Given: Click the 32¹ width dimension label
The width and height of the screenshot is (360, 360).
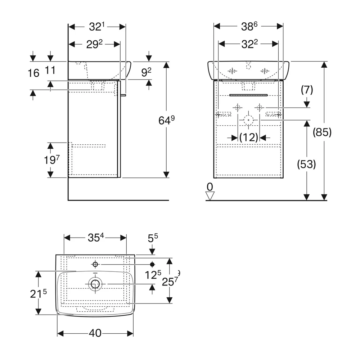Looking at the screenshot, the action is [96, 27].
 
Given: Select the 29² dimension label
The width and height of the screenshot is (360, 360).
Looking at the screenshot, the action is [94, 44].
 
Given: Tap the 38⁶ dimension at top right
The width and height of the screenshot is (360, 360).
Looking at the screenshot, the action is [249, 26].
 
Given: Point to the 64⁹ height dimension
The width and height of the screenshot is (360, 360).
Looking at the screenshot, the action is [166, 120].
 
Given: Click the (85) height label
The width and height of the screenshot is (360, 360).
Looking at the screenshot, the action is [322, 132].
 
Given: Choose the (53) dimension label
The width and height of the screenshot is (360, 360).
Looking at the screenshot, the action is [306, 164].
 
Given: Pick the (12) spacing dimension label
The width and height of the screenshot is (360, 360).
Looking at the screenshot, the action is [249, 138].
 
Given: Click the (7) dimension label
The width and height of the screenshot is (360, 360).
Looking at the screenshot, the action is [307, 90].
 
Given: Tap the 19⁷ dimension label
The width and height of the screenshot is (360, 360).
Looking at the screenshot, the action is [51, 159].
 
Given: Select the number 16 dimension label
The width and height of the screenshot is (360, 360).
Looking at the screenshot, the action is [33, 73].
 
